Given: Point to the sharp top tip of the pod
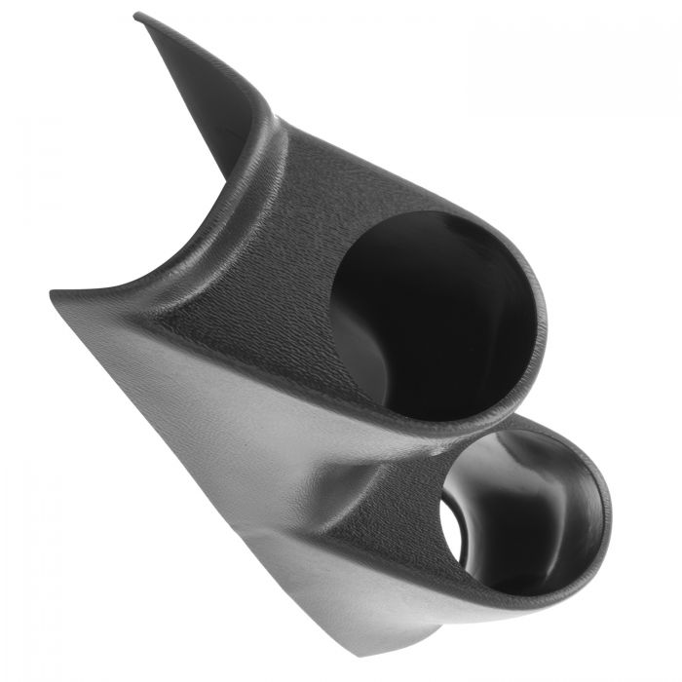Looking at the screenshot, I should coord(137,14).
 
